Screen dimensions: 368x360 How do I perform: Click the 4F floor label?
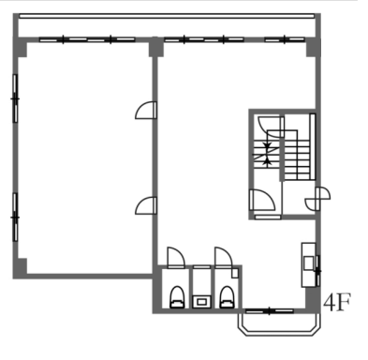pos(337,302)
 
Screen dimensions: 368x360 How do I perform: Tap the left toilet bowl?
pos(177,297)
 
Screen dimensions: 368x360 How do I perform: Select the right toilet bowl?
pos(227,297)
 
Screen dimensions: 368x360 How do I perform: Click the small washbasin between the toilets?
pos(201,302)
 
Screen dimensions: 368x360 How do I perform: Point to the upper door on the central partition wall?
pos(146,111)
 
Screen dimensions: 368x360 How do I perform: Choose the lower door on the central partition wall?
pos(146,205)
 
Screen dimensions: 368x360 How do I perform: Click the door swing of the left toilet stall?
pos(176,258)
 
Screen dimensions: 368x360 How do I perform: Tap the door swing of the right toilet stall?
pos(224,258)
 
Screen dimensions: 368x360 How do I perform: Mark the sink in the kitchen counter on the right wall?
pos(309,262)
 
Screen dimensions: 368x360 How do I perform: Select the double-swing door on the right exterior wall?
pos(317,199)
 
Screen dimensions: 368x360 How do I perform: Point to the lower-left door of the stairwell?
pos(262,200)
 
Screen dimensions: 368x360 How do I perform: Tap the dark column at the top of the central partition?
pos(156,47)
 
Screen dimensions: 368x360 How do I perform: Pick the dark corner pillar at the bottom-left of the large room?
pos(20,267)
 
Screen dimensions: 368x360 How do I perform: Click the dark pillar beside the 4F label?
pos(313,299)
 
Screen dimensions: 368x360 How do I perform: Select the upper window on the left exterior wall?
pos(15,98)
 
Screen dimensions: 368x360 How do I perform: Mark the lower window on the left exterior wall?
pos(15,217)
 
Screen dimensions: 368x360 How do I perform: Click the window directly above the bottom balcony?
pos(270,311)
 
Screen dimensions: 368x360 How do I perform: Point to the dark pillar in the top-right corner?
pos(313,48)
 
